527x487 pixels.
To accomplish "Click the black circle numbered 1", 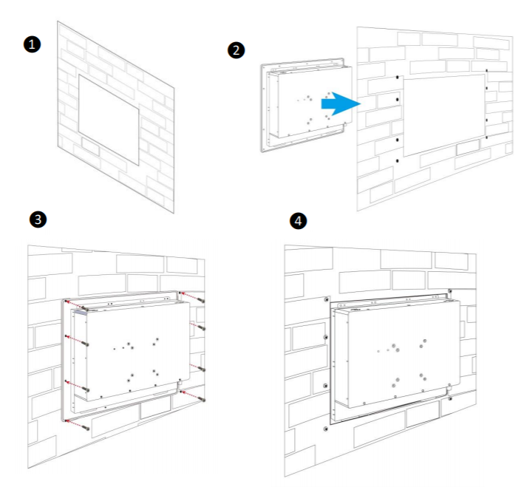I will [x=31, y=44].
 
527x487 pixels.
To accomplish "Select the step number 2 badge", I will [x=236, y=50].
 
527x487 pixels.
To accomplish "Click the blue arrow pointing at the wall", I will [x=340, y=104].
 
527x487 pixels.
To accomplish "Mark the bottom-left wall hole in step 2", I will [x=398, y=160].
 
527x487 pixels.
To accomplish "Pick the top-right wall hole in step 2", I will [x=486, y=73].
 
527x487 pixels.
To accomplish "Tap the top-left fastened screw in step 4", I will [x=326, y=300].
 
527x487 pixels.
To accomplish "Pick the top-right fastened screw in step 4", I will [x=450, y=290].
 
